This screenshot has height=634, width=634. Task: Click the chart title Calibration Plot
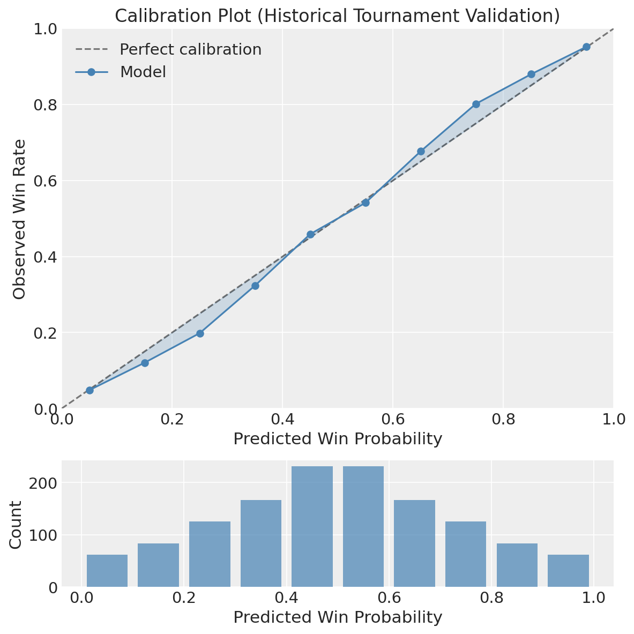pos(337,16)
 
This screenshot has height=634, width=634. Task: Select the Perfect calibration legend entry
pos(190,49)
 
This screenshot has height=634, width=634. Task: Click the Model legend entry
pos(143,72)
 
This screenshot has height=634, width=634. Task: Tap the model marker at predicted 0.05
pos(89,390)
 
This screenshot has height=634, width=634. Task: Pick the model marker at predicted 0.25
pos(200,333)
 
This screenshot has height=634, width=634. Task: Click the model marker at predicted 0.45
pos(310,234)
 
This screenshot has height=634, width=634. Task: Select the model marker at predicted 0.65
pos(421,151)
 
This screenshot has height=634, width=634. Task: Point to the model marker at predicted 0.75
pos(476,104)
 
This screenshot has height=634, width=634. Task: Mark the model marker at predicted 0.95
pos(586,47)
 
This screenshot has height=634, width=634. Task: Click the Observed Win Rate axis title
pos(20,219)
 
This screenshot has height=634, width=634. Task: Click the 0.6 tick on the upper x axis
pos(393,419)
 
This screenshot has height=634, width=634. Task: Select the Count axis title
pos(16,524)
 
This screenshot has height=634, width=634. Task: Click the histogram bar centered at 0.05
pos(107,571)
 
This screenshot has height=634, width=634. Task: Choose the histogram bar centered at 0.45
pos(312,527)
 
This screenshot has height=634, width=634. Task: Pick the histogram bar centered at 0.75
pos(466,554)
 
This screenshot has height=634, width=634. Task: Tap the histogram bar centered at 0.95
pos(568,571)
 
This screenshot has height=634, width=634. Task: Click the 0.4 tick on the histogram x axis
pos(286,598)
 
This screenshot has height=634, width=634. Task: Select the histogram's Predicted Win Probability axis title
pos(338,617)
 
